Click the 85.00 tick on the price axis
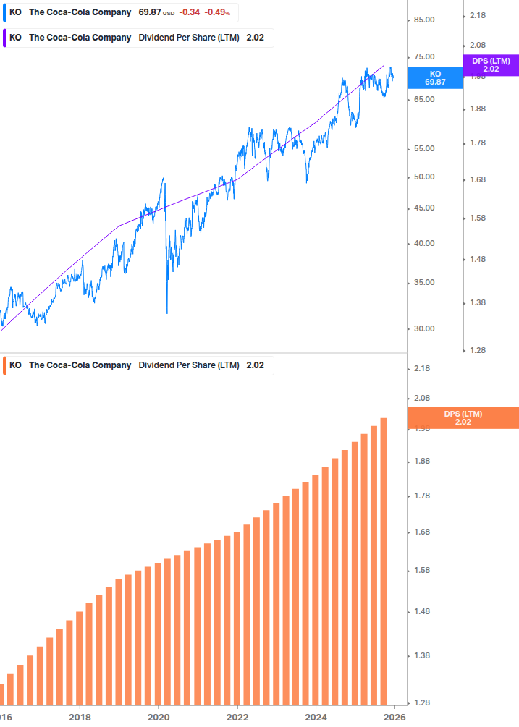pyautogui.click(x=423, y=20)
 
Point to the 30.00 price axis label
pyautogui.click(x=423, y=328)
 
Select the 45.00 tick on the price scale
pyautogui.click(x=423, y=208)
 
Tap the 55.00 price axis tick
pyautogui.click(x=423, y=149)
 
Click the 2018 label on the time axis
pyautogui.click(x=80, y=718)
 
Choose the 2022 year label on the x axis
pyautogui.click(x=237, y=718)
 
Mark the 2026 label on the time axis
pyautogui.click(x=394, y=718)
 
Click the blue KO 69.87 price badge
pyautogui.click(x=435, y=78)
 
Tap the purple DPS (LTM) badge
pyautogui.click(x=491, y=65)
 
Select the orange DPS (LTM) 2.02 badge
pyautogui.click(x=463, y=418)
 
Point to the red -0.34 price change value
pyautogui.click(x=190, y=12)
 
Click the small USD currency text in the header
pyautogui.click(x=169, y=13)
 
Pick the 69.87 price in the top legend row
pyautogui.click(x=150, y=12)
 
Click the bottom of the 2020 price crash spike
pyautogui.click(x=167, y=313)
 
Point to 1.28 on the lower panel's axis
pyautogui.click(x=423, y=702)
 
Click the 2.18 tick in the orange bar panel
pyautogui.click(x=423, y=369)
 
